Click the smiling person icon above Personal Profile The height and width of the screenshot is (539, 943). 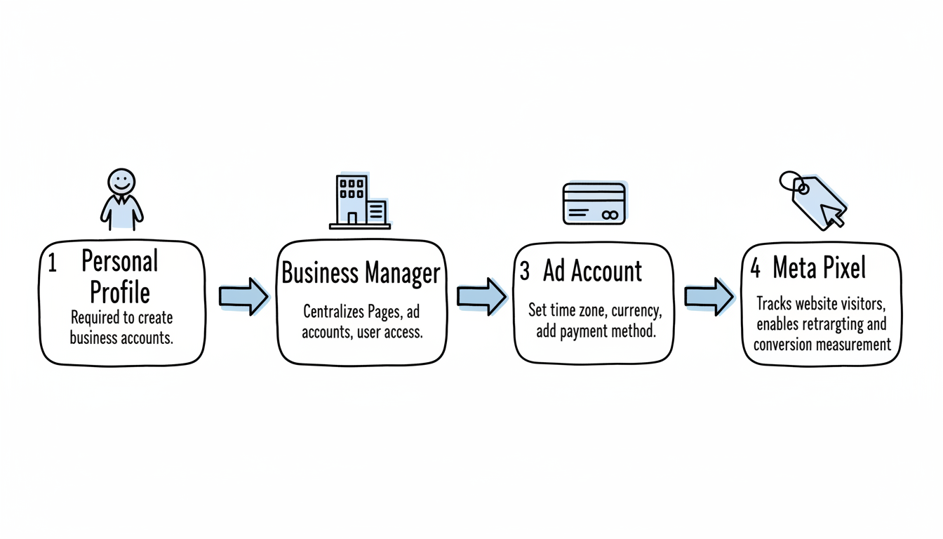pos(121,199)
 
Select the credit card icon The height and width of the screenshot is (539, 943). pos(594,204)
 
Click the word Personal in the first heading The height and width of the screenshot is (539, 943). pos(120,262)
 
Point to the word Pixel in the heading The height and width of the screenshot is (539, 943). pos(839,268)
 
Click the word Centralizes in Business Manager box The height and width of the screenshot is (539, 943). pos(334,311)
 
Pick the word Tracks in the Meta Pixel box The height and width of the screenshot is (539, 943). pos(774,305)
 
